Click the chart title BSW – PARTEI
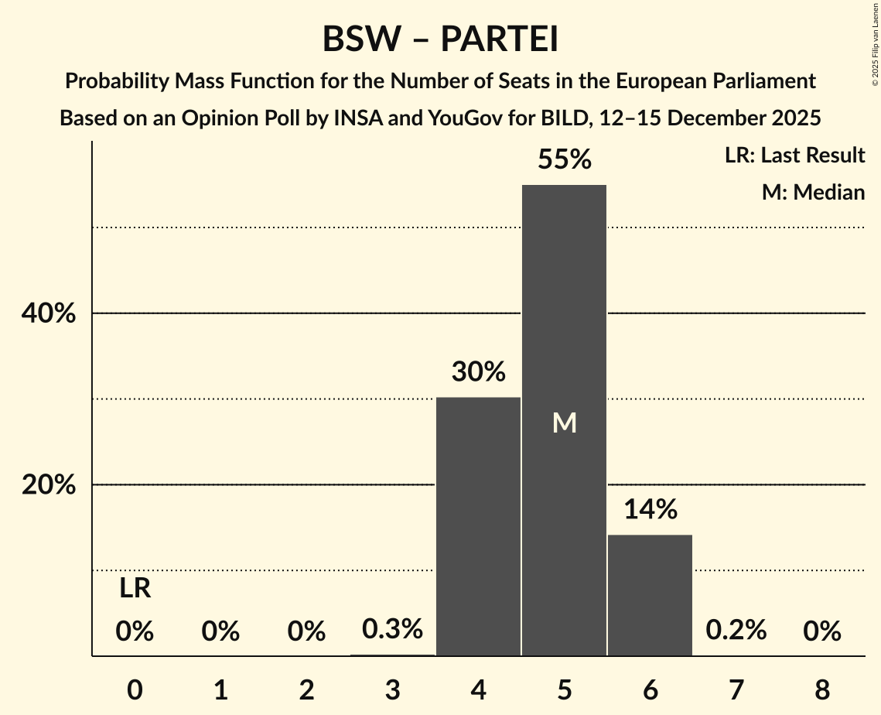click(x=440, y=39)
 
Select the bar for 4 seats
click(x=478, y=526)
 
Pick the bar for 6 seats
click(x=650, y=595)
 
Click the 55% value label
click(x=564, y=159)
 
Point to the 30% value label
click(x=478, y=372)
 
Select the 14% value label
click(x=650, y=509)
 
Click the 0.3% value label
click(x=392, y=629)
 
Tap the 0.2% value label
click(x=736, y=630)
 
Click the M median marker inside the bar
click(x=564, y=422)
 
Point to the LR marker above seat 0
click(x=135, y=589)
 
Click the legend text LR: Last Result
click(x=794, y=156)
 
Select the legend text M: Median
click(x=813, y=192)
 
